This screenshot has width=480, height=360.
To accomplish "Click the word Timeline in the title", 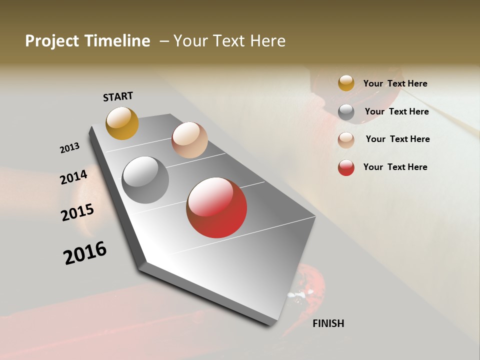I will click(x=117, y=41).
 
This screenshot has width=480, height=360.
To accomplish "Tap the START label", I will click(x=118, y=96).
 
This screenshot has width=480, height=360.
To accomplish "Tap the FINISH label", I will click(x=328, y=323).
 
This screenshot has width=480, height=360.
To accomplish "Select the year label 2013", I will click(x=69, y=148).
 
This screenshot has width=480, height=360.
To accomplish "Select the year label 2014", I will click(x=73, y=177).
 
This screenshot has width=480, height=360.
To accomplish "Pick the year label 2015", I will click(x=77, y=212).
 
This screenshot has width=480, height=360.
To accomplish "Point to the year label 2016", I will click(x=85, y=252).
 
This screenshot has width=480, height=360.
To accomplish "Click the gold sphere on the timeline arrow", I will click(x=122, y=123).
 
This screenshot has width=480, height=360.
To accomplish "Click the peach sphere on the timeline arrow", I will click(x=189, y=140).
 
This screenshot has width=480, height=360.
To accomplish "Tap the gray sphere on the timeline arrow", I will click(x=145, y=180).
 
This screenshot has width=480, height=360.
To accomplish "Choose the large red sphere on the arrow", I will click(x=216, y=207).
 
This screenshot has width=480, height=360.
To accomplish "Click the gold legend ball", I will click(x=346, y=83).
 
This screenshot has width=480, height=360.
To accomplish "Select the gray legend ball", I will click(x=346, y=112).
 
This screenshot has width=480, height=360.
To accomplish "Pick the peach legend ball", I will click(x=346, y=140).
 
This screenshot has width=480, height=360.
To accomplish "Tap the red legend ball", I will click(x=346, y=167).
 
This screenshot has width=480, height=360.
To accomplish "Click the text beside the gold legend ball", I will click(x=395, y=83).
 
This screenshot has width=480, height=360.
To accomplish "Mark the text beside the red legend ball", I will click(x=395, y=167).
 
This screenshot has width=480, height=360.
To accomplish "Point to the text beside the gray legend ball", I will click(x=396, y=111).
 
